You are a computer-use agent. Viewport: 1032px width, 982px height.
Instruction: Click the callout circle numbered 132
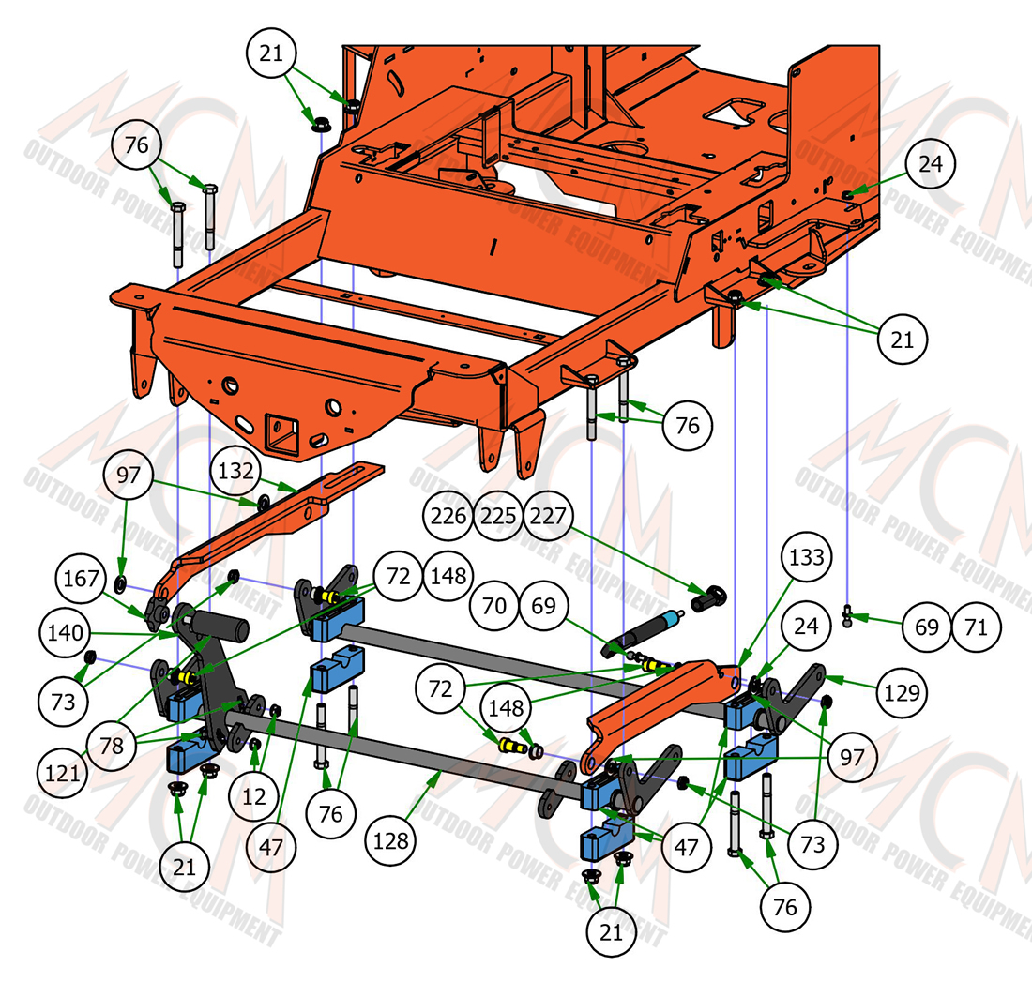(235, 472)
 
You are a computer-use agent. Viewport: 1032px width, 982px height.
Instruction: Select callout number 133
(806, 557)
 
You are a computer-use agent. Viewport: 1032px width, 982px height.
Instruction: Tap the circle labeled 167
(81, 579)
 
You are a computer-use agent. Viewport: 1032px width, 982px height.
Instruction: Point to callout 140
(65, 633)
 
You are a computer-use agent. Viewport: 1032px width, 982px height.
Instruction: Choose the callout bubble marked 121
(63, 773)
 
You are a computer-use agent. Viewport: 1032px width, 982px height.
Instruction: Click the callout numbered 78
(112, 746)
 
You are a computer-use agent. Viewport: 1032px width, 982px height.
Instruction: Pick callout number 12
(254, 797)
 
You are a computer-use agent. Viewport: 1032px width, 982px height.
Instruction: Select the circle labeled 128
(391, 840)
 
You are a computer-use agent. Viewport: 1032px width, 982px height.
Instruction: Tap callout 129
(902, 692)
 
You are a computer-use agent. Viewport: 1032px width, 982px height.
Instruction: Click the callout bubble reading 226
(448, 515)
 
